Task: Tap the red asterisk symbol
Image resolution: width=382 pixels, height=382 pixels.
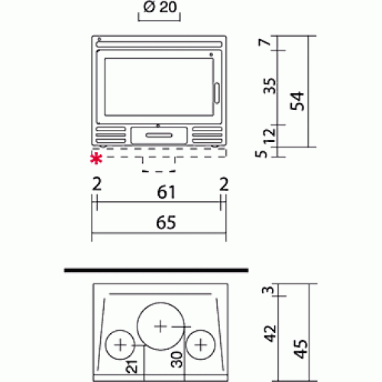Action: tap(96, 158)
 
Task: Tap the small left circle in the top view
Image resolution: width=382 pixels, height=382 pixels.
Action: tap(119, 345)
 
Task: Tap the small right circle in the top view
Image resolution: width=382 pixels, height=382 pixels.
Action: tap(200, 345)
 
